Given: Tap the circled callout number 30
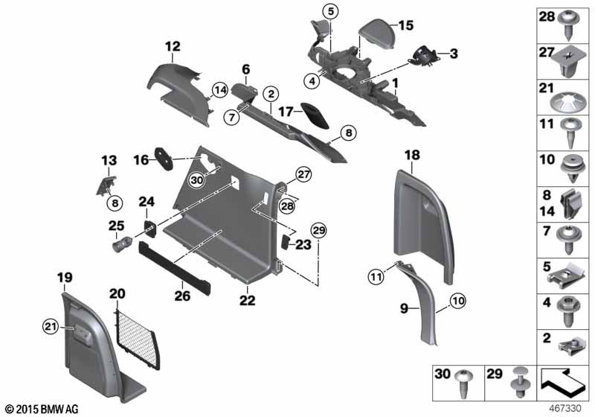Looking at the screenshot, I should [x=196, y=180].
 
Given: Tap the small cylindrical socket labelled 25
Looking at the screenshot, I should [x=120, y=243].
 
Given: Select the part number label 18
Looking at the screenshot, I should [x=412, y=155].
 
